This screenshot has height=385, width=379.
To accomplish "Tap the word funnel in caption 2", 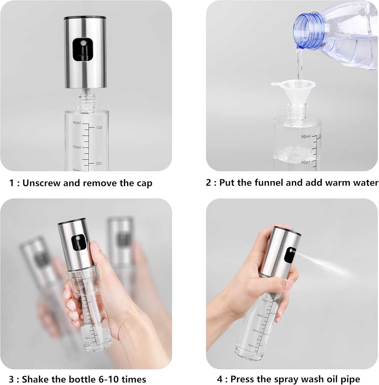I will [269, 182].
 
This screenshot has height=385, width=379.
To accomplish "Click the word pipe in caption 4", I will [350, 379].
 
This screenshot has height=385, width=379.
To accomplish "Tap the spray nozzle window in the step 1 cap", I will [83, 50].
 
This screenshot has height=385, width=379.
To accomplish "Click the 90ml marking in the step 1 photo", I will [77, 123].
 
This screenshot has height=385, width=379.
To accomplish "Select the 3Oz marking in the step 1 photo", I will [99, 128].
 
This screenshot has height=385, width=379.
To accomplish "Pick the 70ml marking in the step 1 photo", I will [77, 147].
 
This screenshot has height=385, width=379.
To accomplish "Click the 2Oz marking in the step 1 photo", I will [99, 163].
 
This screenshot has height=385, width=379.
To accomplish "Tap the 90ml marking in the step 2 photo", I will [306, 137].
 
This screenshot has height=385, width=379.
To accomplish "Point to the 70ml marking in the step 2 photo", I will [305, 162].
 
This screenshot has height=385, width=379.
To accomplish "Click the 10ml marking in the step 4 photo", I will [251, 345].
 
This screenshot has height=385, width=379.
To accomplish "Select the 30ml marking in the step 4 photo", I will [255, 330].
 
